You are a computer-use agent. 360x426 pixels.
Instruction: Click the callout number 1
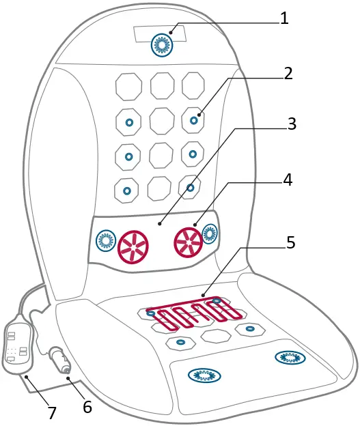(284, 18)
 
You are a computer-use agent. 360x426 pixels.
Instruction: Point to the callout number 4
(288, 180)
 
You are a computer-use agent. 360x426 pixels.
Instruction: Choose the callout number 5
(290, 242)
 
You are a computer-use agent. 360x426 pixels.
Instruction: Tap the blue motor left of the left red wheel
(105, 240)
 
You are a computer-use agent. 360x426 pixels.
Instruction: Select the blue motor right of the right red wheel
(211, 236)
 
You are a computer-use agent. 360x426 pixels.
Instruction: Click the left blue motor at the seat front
(202, 373)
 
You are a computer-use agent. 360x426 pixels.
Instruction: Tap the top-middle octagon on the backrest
(163, 85)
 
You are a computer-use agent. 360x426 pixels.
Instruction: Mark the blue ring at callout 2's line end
(194, 120)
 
